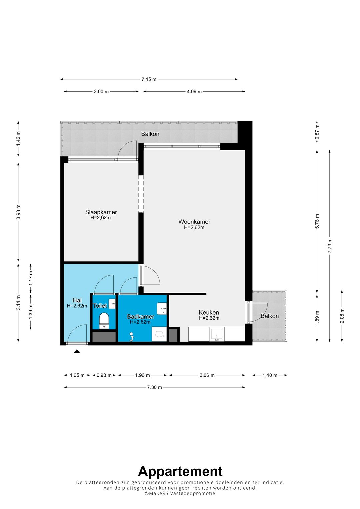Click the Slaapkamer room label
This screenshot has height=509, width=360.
pos(101,212)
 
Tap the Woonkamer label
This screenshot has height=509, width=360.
pos(194,222)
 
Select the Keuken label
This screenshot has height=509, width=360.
pos(209,312)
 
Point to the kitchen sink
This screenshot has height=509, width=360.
pos(217,334)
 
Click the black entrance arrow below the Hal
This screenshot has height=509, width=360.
pos(77,352)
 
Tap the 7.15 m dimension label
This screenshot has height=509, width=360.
pos(149,79)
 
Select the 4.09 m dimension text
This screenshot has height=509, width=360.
pos(194,92)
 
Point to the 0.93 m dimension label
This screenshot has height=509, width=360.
pos(104,375)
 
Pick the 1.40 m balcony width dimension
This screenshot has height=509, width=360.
pos(270,375)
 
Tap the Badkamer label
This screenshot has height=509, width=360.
pos(140,316)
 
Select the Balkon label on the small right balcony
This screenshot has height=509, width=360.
pos(270,316)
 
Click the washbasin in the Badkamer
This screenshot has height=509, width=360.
pos(162,309)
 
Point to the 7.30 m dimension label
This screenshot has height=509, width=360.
pos(155,387)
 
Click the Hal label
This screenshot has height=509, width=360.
pos(77,300)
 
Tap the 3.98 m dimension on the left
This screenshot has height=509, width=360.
pos(18,212)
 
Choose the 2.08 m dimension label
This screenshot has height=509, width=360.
pos(342,316)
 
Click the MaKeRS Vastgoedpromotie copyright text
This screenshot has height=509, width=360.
pos(180,493)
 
